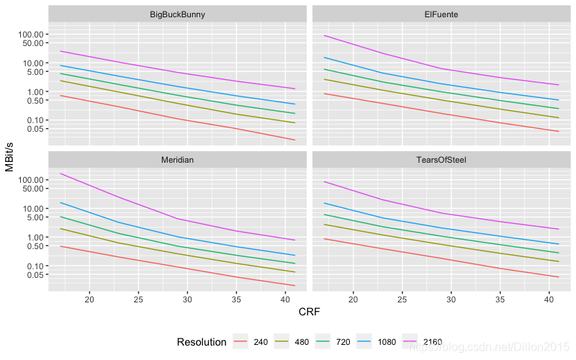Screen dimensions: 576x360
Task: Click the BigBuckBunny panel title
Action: [x=177, y=14]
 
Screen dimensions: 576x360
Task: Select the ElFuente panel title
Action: [x=441, y=14]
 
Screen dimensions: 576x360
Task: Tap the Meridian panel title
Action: [x=177, y=160]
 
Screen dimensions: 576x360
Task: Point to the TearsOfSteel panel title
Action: [x=441, y=160]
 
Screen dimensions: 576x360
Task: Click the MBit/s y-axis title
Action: [x=9, y=157]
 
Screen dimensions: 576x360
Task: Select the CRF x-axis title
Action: [x=310, y=312]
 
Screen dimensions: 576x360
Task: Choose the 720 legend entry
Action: [x=333, y=342]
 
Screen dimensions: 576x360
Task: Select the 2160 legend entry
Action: [x=423, y=342]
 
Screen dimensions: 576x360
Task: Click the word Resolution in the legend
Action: [x=202, y=342]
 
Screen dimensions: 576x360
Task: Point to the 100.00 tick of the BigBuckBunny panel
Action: [x=31, y=34]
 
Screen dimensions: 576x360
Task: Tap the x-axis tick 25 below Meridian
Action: [x=138, y=300]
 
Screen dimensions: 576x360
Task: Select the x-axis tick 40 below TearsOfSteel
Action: [x=549, y=300]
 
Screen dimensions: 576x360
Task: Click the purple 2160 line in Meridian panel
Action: [x=177, y=219]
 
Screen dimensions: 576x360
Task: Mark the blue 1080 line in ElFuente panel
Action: [x=441, y=84]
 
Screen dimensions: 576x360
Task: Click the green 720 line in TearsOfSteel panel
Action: [x=441, y=236]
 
